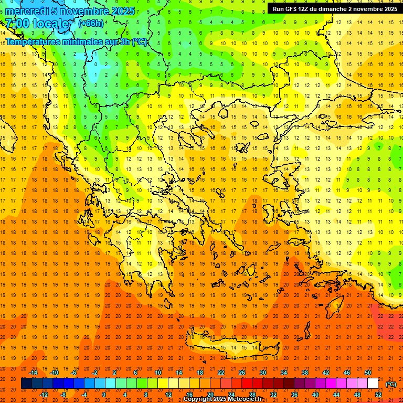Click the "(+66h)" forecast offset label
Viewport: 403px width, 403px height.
tap(91, 24)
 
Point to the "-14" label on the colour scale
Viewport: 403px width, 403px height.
tap(33, 373)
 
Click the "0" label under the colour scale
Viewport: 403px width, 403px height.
tap(104, 395)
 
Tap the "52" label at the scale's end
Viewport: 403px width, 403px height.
tap(378, 395)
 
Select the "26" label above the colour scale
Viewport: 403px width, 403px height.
tap(242, 373)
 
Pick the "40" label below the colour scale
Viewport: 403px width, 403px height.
tap(315, 395)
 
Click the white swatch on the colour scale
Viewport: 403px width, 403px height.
tap(373, 384)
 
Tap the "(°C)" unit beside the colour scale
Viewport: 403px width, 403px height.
tap(391, 384)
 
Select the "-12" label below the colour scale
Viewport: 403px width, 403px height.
tap(44, 395)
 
